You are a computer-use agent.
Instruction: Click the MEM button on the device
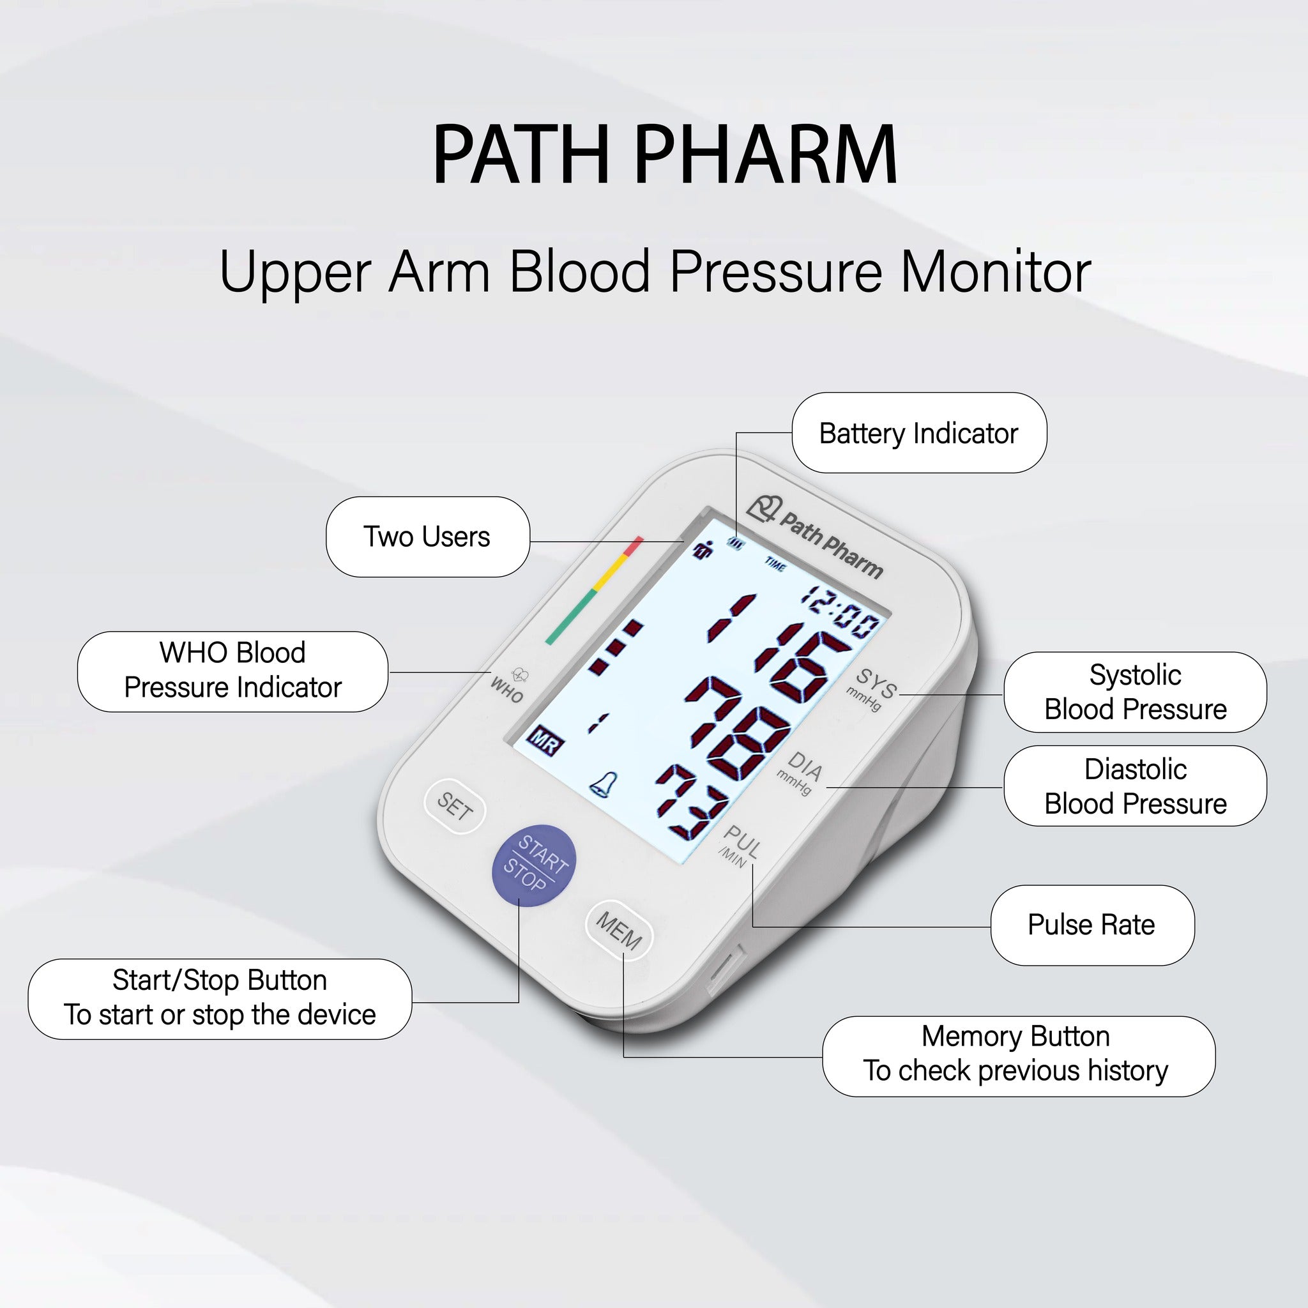[618, 930]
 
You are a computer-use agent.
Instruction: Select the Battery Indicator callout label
[918, 433]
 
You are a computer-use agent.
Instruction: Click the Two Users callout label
[427, 537]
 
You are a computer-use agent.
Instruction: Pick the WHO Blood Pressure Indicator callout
[232, 671]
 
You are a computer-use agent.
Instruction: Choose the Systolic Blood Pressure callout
[1135, 692]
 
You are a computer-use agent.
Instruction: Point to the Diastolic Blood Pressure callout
[1135, 786]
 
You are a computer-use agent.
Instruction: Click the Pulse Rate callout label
[1091, 925]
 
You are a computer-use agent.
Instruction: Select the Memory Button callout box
[1017, 1054]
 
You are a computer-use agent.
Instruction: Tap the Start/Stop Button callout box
[219, 998]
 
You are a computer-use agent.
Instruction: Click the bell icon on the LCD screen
[602, 784]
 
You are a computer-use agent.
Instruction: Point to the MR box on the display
[545, 741]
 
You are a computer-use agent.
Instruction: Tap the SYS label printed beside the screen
[876, 683]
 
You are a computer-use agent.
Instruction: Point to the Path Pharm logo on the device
[816, 537]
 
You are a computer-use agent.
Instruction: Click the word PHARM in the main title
[766, 155]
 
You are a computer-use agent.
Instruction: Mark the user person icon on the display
[703, 550]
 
